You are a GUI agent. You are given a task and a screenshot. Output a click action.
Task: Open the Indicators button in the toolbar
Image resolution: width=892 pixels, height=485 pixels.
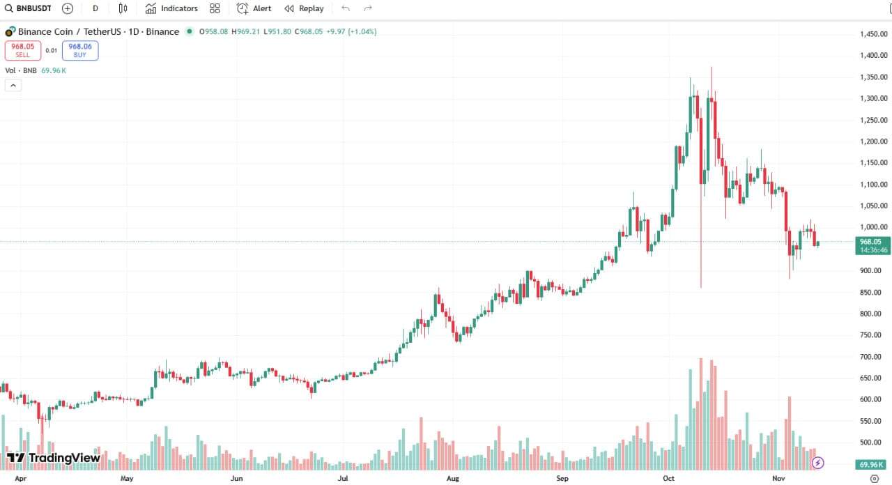point(171,8)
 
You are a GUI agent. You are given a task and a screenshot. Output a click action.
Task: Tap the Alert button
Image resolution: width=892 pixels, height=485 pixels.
point(254,8)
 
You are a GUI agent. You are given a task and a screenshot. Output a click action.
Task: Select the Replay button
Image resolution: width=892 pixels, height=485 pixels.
point(304,8)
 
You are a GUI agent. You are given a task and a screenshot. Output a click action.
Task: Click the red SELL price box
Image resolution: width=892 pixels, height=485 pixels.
point(23,50)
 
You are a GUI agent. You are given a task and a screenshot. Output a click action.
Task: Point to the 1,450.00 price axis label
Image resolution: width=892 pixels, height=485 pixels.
point(872,34)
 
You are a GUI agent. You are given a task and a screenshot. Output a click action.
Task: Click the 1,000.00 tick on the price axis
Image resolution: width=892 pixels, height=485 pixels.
point(872,227)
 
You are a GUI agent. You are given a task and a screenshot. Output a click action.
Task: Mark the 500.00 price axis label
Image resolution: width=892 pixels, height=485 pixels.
point(874,442)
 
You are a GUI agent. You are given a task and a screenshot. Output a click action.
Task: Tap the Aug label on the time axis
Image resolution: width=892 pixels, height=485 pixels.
point(453,479)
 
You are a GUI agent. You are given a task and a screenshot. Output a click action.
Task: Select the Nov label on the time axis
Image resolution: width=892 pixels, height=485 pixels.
point(778,479)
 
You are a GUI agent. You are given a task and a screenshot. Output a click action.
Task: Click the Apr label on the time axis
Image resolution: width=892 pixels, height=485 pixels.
point(21,479)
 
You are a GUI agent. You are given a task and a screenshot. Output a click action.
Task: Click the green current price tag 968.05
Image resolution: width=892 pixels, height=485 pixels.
point(872,245)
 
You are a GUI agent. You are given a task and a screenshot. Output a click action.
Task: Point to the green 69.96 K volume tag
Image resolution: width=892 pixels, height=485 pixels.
point(872,464)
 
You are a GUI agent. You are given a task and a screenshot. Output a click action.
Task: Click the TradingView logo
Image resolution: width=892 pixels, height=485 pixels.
point(54,458)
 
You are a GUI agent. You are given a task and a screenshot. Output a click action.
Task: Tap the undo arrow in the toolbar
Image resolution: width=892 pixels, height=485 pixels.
point(346,8)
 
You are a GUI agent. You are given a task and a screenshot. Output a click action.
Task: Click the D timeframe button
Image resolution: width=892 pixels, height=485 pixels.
point(95,8)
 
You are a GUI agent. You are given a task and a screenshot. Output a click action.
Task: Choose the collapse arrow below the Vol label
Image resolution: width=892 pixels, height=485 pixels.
point(13,85)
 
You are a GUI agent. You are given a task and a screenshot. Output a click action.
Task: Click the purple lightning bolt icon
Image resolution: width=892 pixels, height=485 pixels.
point(819,463)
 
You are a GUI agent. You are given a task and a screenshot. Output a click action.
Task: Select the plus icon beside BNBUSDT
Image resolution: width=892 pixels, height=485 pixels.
point(68,8)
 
